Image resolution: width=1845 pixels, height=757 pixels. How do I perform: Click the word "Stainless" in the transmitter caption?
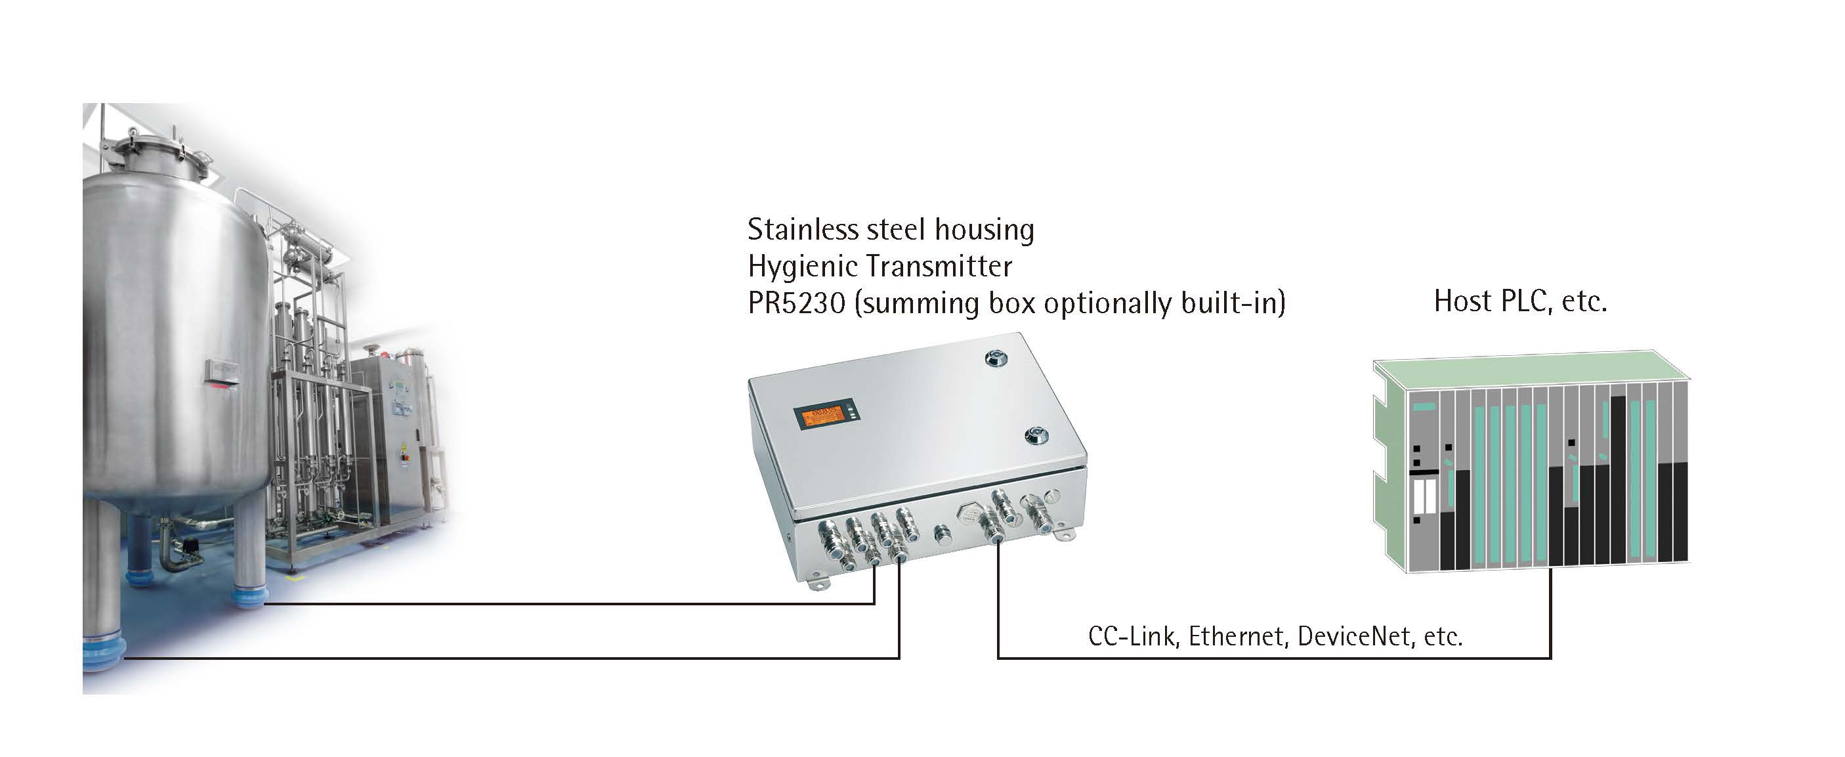[x=802, y=230]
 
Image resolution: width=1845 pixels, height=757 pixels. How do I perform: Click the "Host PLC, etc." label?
[x=1521, y=301]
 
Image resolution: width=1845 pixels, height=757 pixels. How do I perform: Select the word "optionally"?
[x=1109, y=303]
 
